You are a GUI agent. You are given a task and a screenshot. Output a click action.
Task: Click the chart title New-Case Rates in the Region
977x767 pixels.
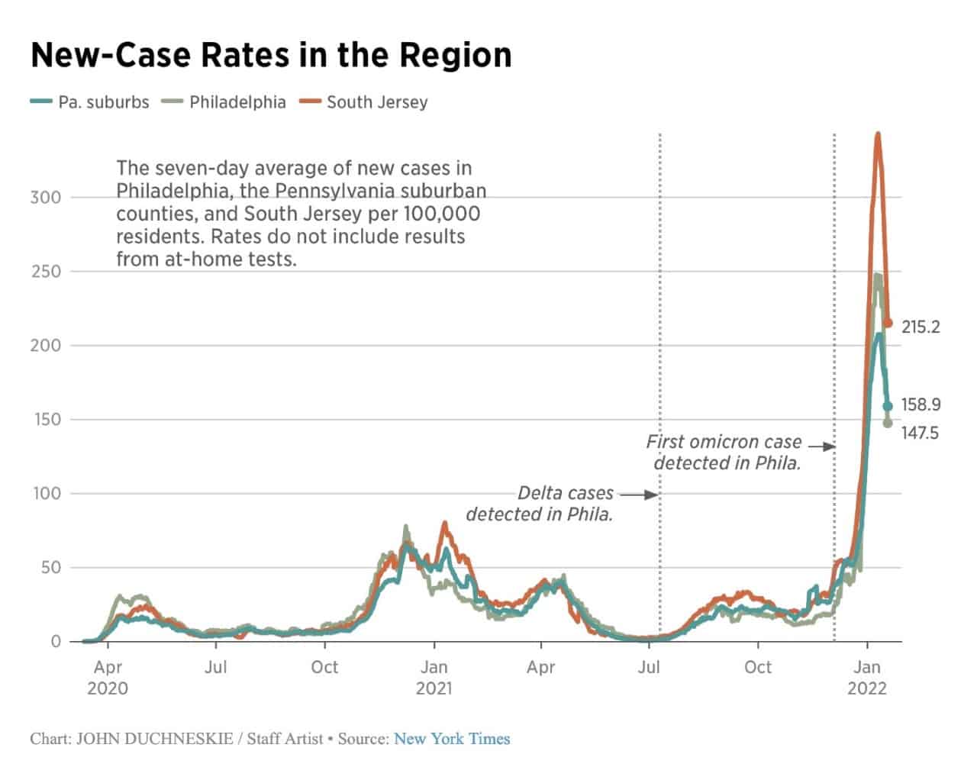click(271, 56)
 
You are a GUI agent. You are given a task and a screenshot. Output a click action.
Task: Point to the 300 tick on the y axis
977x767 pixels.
click(45, 198)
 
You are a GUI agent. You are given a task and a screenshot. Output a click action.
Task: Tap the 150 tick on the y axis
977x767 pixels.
click(45, 420)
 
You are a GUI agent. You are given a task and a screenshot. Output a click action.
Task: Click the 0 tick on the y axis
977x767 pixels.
click(55, 642)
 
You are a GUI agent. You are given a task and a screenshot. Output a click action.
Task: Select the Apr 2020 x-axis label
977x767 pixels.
click(108, 678)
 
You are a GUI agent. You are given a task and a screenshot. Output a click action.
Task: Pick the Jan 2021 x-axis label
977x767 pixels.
click(434, 678)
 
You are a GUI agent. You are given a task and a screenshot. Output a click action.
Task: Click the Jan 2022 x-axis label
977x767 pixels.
click(867, 678)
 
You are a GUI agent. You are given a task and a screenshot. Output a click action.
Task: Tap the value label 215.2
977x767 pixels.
click(921, 327)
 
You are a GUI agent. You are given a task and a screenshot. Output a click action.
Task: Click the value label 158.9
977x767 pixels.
click(921, 405)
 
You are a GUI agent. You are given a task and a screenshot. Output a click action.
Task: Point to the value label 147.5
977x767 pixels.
click(921, 433)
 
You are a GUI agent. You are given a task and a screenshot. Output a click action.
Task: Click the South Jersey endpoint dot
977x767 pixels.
click(888, 324)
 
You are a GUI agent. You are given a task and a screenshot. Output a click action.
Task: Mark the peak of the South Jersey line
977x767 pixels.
click(878, 135)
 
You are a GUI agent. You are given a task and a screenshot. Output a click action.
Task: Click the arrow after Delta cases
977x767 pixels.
click(640, 495)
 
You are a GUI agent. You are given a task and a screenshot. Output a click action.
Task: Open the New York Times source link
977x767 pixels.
click(452, 739)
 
